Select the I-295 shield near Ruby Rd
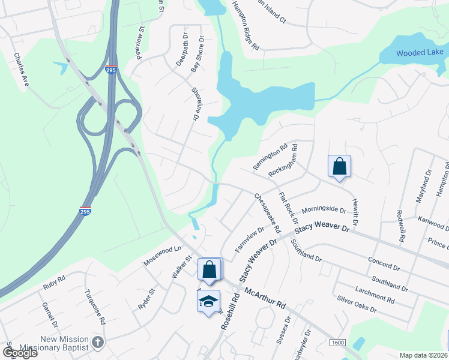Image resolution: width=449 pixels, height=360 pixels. pos(85,211)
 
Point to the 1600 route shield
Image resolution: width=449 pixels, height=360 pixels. pos(338,343)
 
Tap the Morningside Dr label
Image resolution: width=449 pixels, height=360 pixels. pos(324,211)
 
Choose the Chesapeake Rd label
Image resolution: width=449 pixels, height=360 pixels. pos(267,214)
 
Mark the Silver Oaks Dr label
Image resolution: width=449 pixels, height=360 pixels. pos(357,305)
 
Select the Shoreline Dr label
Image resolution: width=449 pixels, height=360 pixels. pos(194,105)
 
